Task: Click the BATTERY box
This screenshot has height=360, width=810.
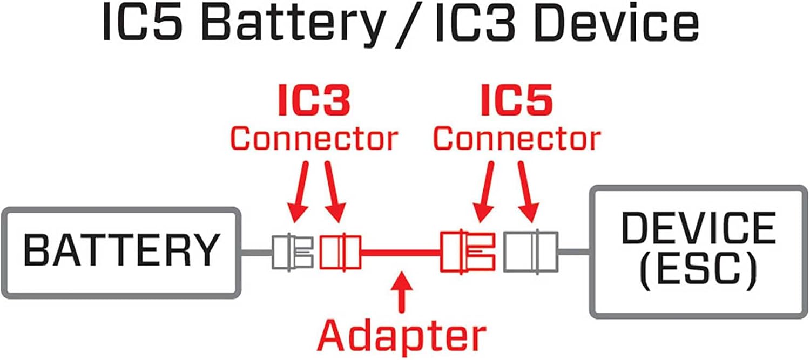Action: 120,252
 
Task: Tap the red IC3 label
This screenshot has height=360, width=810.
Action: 314,100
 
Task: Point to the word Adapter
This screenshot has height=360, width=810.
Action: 401,335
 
